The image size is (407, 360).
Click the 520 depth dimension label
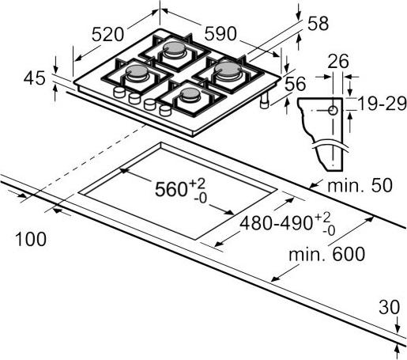pyautogui.click(x=107, y=34)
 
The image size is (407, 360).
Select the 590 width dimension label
pyautogui.click(x=220, y=34)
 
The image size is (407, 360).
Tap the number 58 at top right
pyautogui.click(x=318, y=23)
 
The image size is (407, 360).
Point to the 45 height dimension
pyautogui.click(x=35, y=78)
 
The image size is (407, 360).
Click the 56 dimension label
pyautogui.click(x=296, y=84)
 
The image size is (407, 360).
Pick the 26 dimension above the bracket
pyautogui.click(x=338, y=61)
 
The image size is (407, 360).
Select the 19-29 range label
pyautogui.click(x=382, y=104)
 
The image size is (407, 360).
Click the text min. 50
pyautogui.click(x=360, y=185)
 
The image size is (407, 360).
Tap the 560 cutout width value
pyautogui.click(x=180, y=189)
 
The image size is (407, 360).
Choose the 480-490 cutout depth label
pyautogui.click(x=288, y=223)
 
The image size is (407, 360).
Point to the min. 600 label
pyautogui.click(x=327, y=254)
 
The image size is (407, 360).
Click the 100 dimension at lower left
pyautogui.click(x=31, y=239)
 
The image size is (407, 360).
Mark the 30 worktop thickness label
pyautogui.click(x=390, y=307)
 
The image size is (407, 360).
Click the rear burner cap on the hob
pyautogui.click(x=175, y=47)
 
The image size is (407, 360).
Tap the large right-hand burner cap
pyautogui.click(x=228, y=69)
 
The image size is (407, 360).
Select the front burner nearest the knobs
pyautogui.click(x=190, y=93)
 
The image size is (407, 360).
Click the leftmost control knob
pyautogui.click(x=119, y=92)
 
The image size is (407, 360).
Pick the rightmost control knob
pyautogui.click(x=165, y=110)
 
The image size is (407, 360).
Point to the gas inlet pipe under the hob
pyautogui.click(x=264, y=100)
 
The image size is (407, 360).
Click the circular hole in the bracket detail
pyautogui.click(x=333, y=111)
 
